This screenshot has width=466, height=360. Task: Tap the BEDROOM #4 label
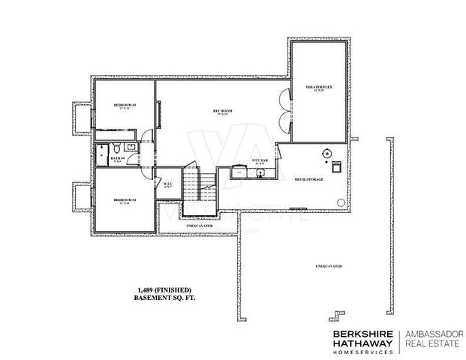(x=124, y=199)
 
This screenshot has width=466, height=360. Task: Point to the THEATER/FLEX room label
(x=319, y=88)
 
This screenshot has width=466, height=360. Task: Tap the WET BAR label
(x=260, y=160)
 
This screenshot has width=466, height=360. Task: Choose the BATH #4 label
(x=117, y=158)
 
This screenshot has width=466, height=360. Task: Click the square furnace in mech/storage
(x=336, y=164)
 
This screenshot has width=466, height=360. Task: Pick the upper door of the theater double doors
(x=284, y=100)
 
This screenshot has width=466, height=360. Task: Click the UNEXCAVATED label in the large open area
(x=329, y=266)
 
